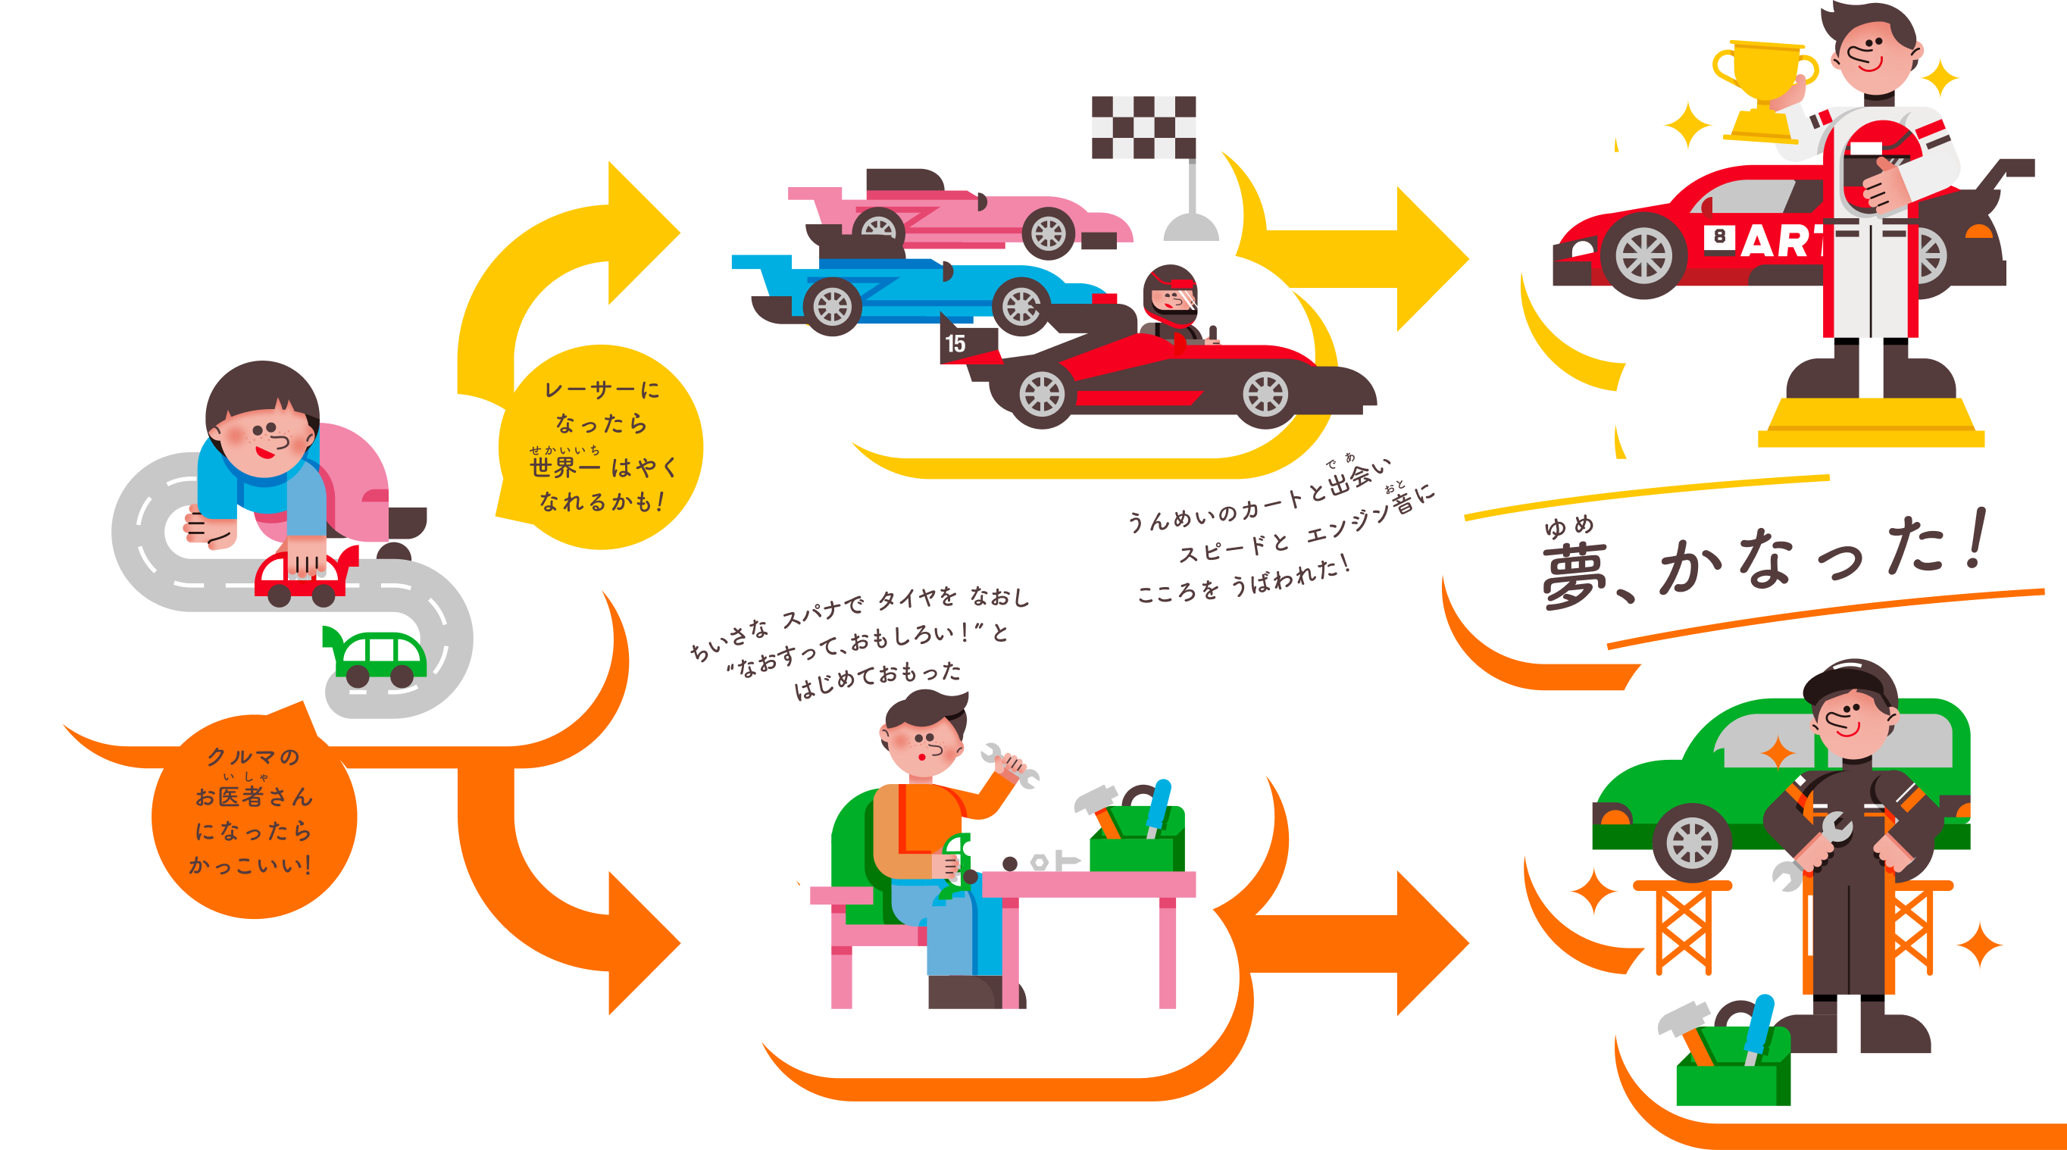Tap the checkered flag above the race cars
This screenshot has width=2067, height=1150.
pos(1143,127)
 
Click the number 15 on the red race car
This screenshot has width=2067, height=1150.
pos(955,343)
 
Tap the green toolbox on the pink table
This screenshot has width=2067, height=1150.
pos(1138,842)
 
